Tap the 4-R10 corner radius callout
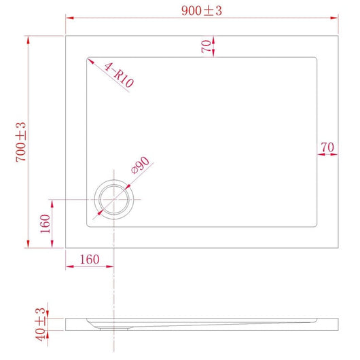point(119,75)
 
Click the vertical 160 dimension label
point(46,223)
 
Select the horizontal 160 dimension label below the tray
point(89,259)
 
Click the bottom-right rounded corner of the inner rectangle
point(316,226)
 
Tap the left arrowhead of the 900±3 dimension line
point(68,19)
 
